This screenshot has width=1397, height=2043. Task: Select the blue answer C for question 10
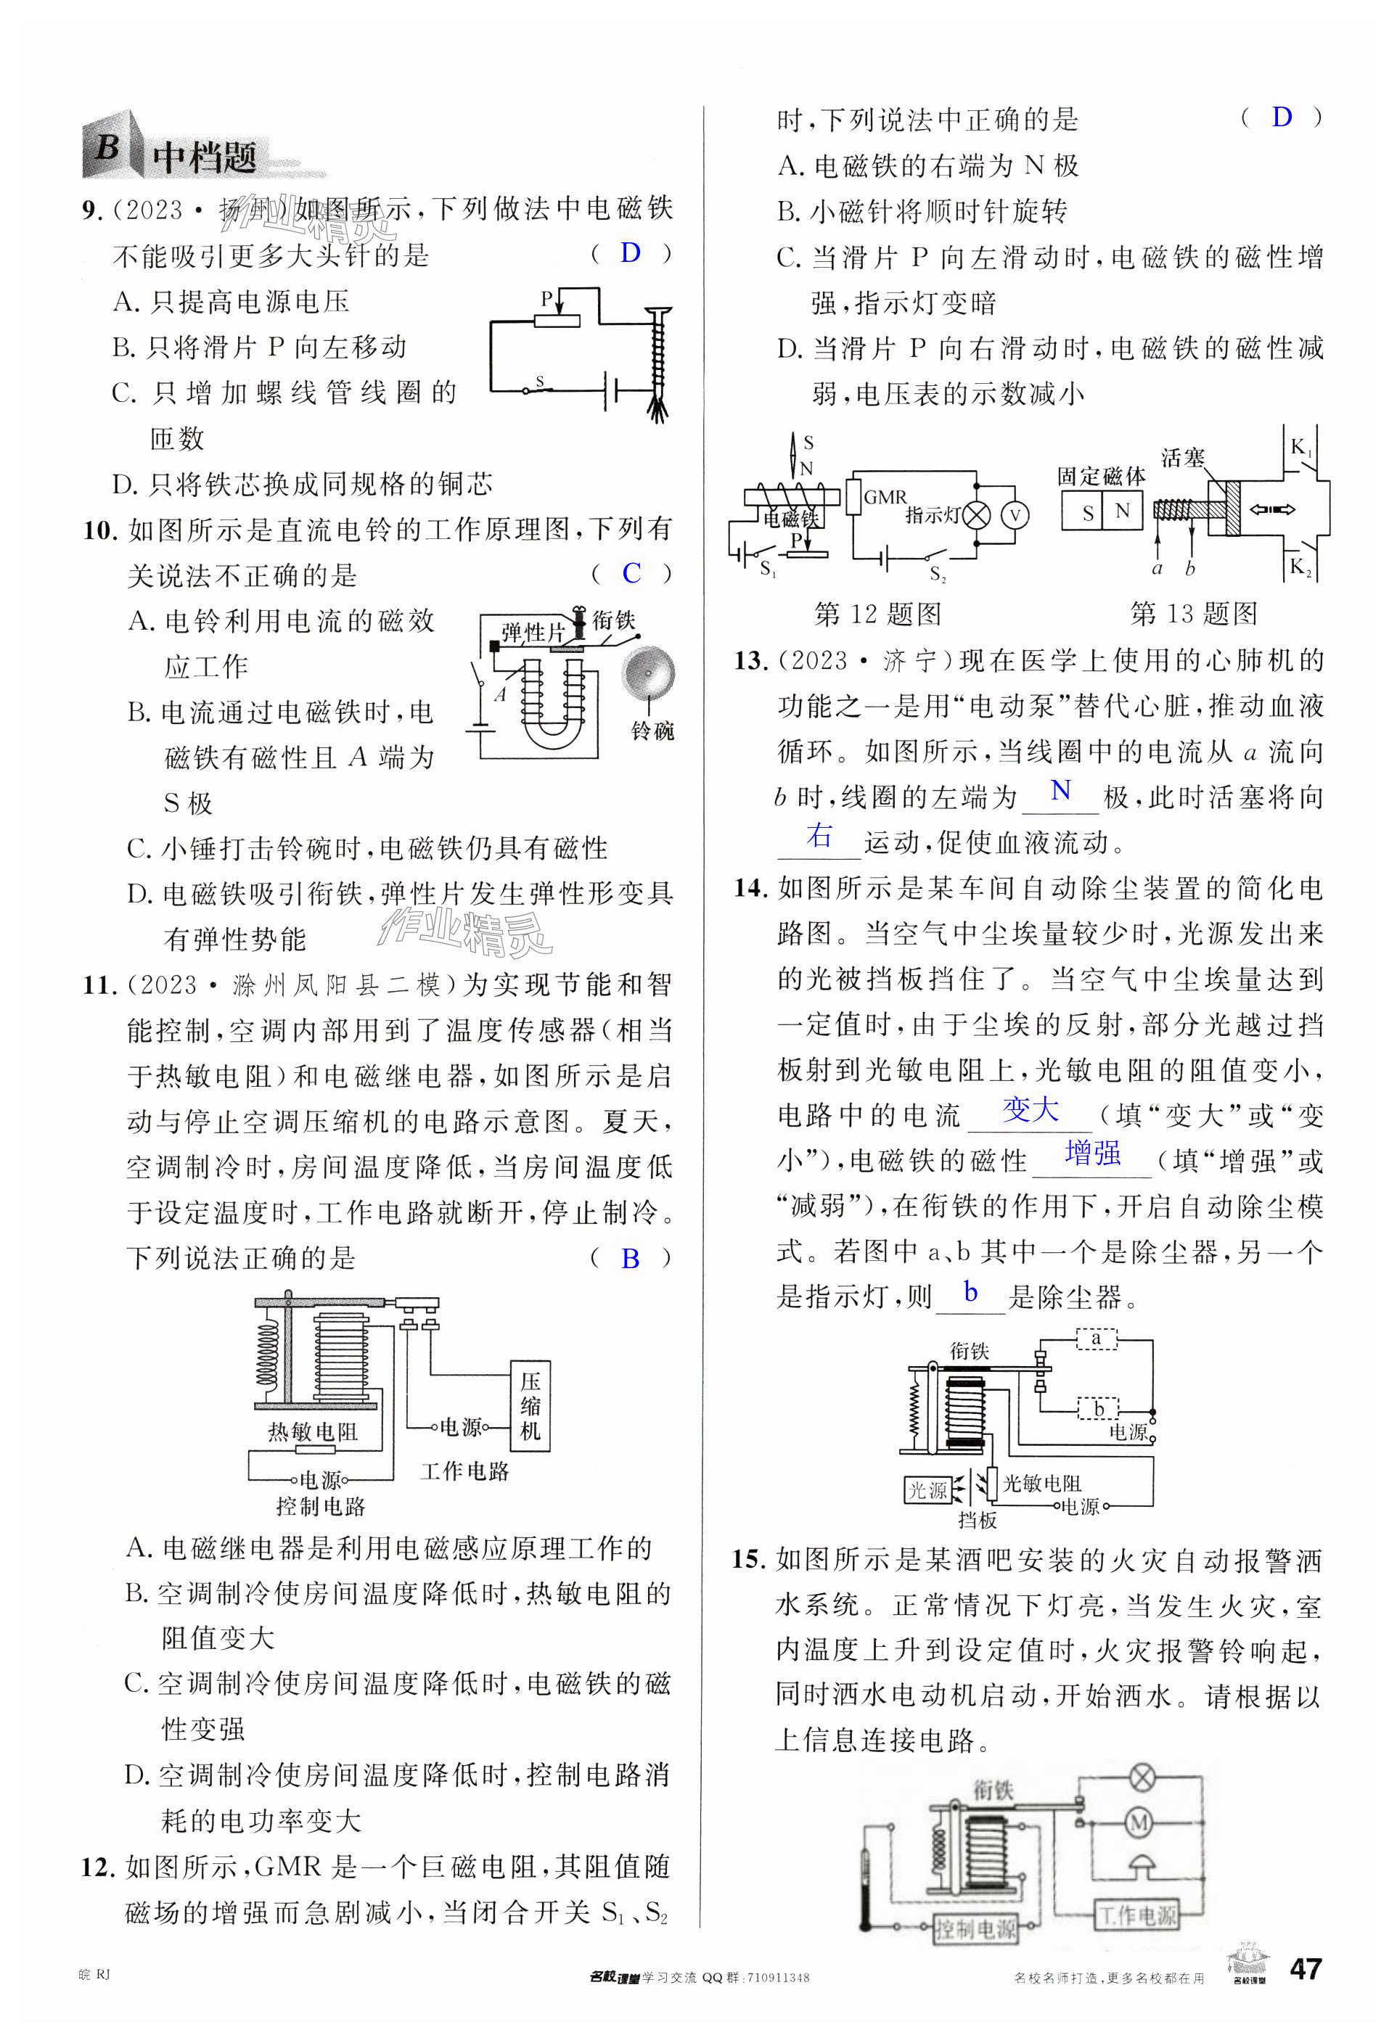(x=631, y=573)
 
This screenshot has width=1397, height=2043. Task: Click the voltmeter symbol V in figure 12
(x=1015, y=515)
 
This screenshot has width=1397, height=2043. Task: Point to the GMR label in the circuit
(x=885, y=497)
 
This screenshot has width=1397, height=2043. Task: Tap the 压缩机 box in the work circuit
(x=530, y=1406)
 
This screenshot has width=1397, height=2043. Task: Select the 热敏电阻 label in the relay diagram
(x=313, y=1432)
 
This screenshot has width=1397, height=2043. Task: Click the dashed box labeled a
(x=1097, y=1339)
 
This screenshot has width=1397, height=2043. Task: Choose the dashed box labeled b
(x=1098, y=1408)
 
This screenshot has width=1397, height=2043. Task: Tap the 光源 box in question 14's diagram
(x=927, y=1490)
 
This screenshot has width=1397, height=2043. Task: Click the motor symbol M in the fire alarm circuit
(x=1139, y=1824)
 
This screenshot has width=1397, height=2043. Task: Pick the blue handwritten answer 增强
(x=1092, y=1154)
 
